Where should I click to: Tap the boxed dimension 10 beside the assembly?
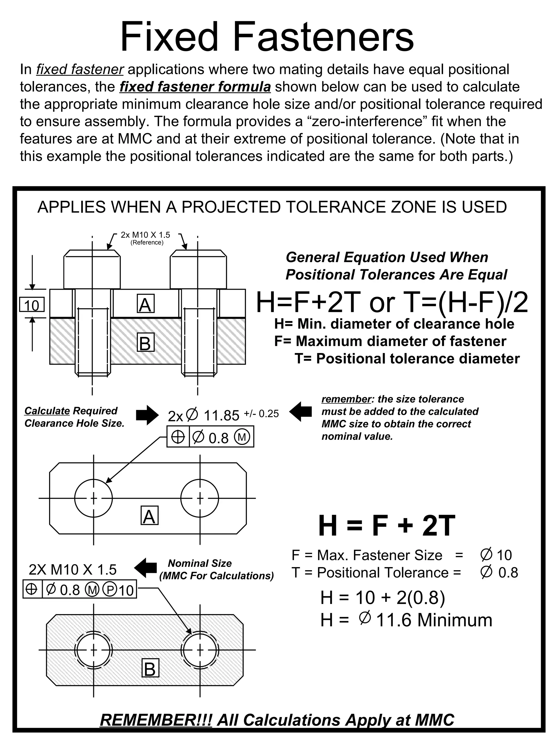(x=32, y=305)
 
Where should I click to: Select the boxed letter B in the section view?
(x=145, y=343)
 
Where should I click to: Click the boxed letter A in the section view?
(x=145, y=305)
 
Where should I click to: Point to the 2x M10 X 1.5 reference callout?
(x=146, y=235)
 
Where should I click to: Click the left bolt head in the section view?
(x=92, y=270)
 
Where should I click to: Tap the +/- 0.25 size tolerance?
(x=261, y=413)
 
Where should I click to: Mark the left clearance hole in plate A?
(x=93, y=498)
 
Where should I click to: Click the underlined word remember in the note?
(x=346, y=399)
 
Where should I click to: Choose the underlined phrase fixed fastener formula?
(x=195, y=87)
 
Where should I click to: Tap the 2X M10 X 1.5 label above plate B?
(x=73, y=570)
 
